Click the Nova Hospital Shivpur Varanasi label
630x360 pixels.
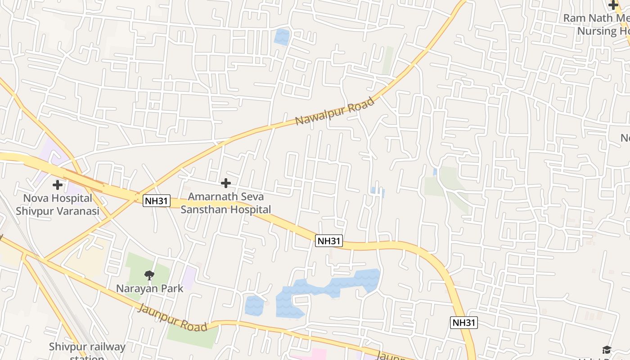tap(58, 205)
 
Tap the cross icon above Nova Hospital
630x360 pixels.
tap(58, 184)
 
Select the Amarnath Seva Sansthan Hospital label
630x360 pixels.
tap(226, 203)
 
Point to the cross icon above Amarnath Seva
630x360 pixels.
tap(226, 183)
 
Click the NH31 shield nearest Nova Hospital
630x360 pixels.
tap(157, 201)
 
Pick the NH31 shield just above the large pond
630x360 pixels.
tap(329, 241)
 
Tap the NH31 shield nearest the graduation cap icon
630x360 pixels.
tap(463, 322)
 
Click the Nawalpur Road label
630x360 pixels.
tap(335, 111)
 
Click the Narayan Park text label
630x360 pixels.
tap(150, 288)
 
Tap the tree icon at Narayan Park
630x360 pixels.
tap(149, 275)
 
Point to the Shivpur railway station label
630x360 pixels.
tap(87, 347)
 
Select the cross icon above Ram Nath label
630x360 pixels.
tap(613, 5)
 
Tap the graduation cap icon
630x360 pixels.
tap(607, 350)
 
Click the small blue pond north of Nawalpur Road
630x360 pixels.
tap(282, 37)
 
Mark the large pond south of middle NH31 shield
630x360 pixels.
tap(315, 290)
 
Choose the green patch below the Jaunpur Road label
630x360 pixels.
tap(191, 337)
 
